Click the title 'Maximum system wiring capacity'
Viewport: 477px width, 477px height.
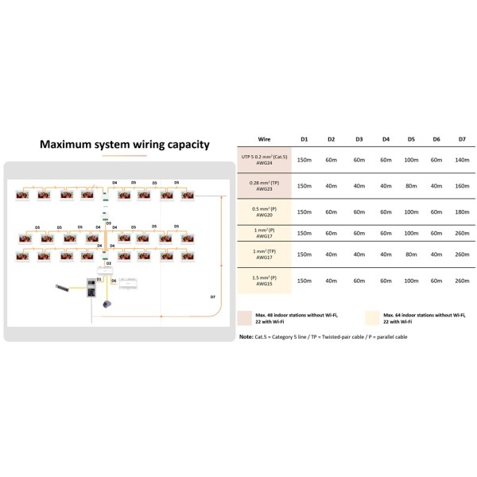(125, 145)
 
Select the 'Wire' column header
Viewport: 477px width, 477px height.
(264, 139)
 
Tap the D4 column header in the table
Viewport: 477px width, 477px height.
(386, 139)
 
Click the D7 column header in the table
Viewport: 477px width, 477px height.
(462, 139)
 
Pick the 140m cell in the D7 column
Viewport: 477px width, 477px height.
(462, 160)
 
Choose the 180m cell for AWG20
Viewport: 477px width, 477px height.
(462, 212)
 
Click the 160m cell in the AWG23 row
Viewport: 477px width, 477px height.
(462, 186)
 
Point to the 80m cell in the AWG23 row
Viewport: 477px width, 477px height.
(411, 186)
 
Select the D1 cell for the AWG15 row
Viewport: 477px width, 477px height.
(304, 280)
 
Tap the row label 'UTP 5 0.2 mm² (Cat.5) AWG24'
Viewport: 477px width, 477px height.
(264, 160)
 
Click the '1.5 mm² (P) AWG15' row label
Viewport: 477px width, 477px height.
(264, 280)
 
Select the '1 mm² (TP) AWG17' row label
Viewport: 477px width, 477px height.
(264, 255)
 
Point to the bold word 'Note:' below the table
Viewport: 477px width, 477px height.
(246, 336)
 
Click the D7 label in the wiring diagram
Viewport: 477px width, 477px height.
(212, 297)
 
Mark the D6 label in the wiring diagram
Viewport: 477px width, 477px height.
(114, 281)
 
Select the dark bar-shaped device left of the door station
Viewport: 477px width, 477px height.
(63, 288)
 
